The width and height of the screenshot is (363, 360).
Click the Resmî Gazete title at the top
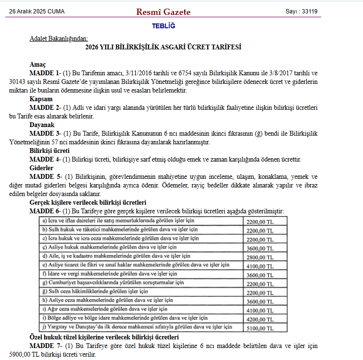tap(163, 12)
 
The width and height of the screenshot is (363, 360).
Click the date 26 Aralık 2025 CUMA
tap(37, 12)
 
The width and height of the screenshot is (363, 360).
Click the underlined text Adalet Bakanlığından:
tap(59, 38)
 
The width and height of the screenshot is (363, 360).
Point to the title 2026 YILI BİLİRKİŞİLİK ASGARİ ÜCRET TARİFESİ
tap(163, 47)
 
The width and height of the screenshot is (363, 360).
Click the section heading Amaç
tap(37, 64)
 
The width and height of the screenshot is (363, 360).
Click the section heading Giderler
tap(41, 168)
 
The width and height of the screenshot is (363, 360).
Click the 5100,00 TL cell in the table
tap(259, 328)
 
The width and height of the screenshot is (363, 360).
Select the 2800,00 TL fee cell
tap(259, 257)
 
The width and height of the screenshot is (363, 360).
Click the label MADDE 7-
tap(45, 346)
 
